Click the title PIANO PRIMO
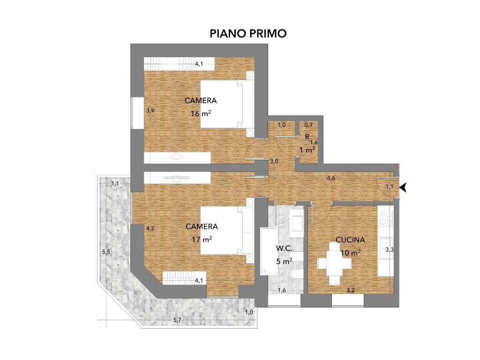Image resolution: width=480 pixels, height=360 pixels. [248, 33]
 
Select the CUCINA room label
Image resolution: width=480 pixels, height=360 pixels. [350, 240]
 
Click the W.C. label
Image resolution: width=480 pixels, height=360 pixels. [284, 248]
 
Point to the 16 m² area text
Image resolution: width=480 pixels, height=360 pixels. [201, 113]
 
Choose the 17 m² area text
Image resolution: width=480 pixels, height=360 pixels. [202, 239]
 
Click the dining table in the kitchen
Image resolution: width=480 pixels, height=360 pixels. [334, 263]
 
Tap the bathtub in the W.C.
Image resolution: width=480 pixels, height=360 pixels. [269, 251]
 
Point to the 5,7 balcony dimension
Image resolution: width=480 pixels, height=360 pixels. [177, 320]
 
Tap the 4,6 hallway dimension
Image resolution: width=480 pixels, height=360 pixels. [331, 178]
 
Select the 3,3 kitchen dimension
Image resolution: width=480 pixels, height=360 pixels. [390, 250]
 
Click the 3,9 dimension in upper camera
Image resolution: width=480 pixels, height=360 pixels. [150, 111]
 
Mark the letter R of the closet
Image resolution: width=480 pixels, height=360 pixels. [307, 137]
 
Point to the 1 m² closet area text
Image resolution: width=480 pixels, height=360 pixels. [307, 150]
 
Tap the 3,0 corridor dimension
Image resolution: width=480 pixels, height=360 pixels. [274, 161]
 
